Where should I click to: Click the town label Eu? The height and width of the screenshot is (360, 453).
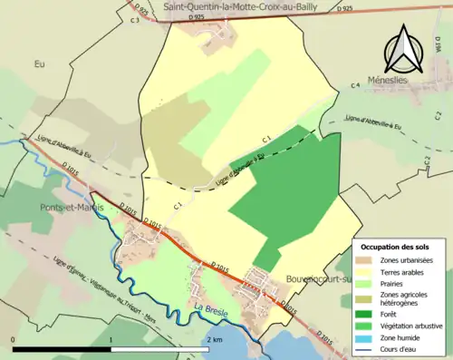(39, 64)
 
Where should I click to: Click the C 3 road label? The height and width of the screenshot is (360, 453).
(135, 19)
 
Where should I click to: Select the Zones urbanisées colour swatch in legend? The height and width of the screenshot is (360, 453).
(364, 260)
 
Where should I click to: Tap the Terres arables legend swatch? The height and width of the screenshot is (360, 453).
(364, 271)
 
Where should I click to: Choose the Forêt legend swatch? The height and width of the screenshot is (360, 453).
(364, 314)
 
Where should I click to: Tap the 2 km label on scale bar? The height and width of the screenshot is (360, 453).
(214, 339)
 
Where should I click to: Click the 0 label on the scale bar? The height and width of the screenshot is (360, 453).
(14, 339)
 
